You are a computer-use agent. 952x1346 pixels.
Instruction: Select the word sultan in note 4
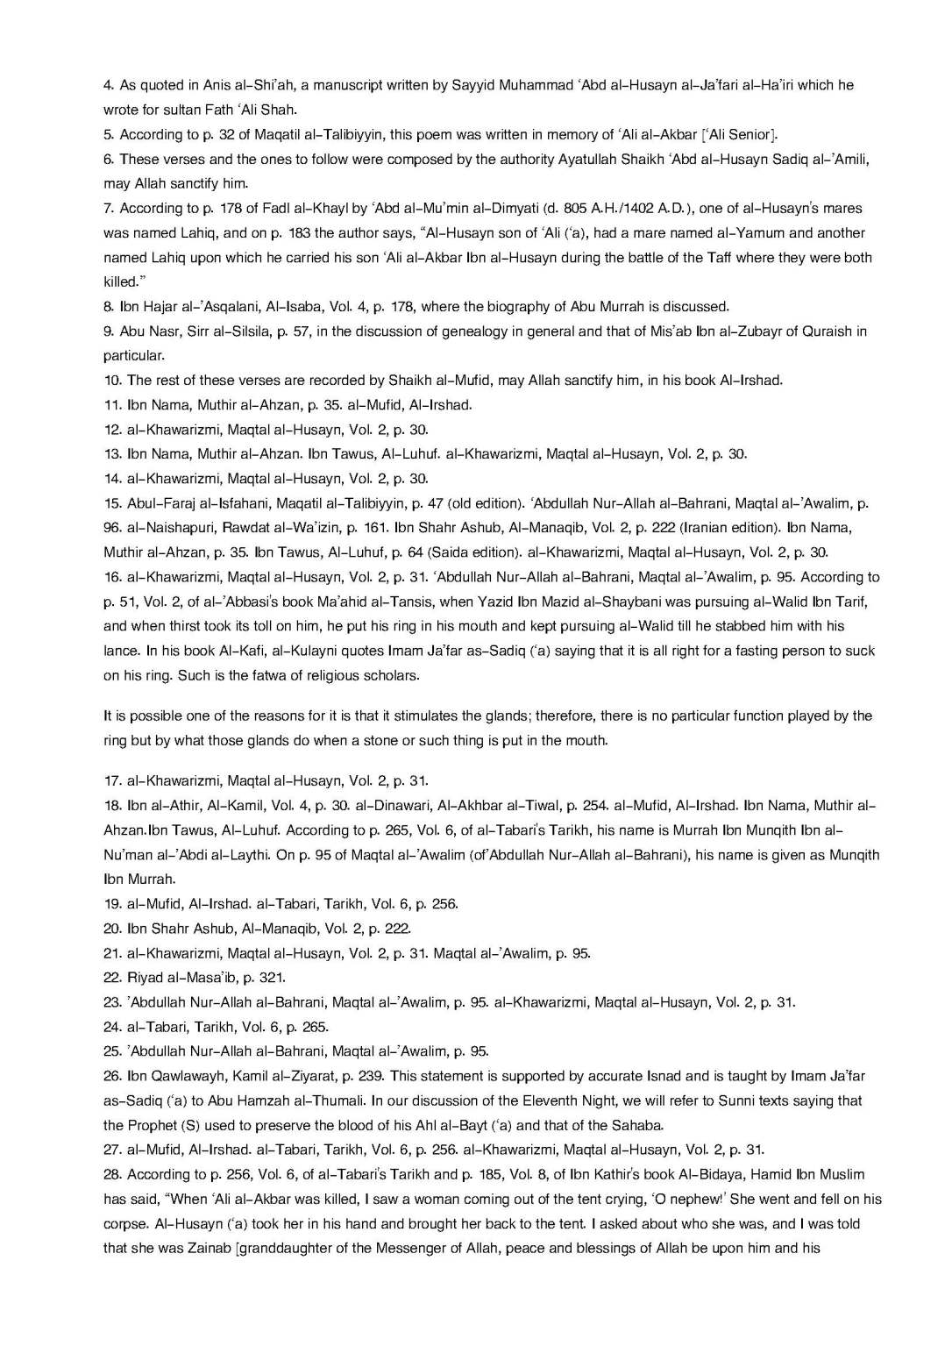tap(175, 110)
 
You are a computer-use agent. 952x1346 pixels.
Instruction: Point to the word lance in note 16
tap(121, 651)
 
